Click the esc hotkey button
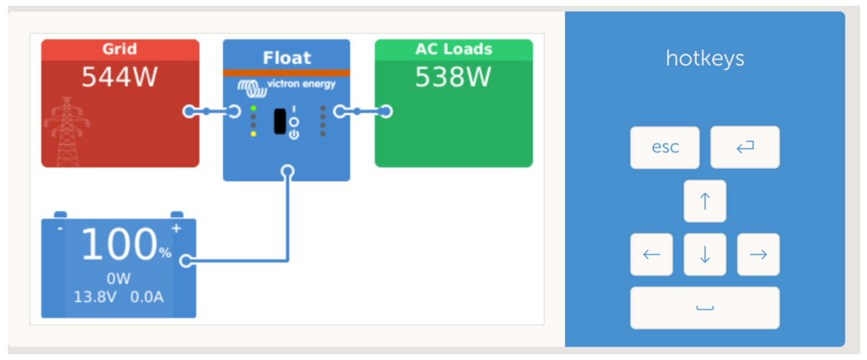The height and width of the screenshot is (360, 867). tap(664, 148)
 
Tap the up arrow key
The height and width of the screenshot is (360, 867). tap(705, 201)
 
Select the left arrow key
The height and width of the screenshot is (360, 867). tap(651, 254)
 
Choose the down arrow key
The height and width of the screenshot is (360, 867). tap(705, 254)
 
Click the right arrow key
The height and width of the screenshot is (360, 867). tap(758, 254)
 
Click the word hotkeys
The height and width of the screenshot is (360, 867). tap(705, 58)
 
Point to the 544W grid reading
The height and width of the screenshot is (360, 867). tap(119, 77)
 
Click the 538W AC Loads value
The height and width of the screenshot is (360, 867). tap(453, 77)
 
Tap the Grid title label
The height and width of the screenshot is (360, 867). tap(119, 49)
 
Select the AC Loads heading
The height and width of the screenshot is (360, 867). tap(453, 49)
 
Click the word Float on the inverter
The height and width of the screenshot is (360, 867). tap(287, 58)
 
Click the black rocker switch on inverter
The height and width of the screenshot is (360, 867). tap(280, 121)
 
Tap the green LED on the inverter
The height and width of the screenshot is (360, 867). tap(253, 108)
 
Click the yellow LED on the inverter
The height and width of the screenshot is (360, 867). tap(253, 134)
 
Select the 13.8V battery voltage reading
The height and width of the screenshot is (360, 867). tap(95, 296)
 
